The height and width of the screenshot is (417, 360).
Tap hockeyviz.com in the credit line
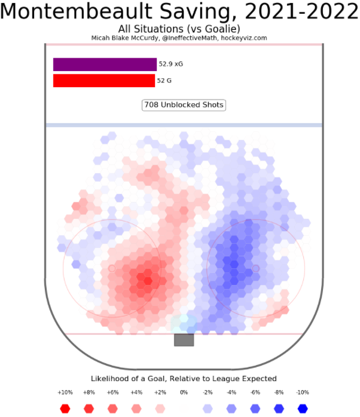[243, 38]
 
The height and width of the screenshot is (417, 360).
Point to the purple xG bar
[105, 65]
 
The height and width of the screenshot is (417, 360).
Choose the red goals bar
[104, 81]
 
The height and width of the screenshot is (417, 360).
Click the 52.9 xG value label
[171, 63]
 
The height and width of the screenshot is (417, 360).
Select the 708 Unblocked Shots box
[184, 105]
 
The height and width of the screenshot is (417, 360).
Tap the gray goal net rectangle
[184, 340]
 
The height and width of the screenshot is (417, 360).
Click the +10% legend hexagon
[65, 409]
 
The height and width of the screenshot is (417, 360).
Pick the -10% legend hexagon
[303, 409]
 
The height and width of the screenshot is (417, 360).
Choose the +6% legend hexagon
[112, 409]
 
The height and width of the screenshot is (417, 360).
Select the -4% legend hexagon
[231, 409]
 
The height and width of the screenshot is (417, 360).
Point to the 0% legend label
[184, 393]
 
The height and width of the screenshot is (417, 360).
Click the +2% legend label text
[160, 393]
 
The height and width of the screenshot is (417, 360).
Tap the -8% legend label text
[279, 393]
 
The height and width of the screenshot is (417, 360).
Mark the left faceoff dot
[112, 269]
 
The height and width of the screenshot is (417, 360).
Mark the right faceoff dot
[255, 269]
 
